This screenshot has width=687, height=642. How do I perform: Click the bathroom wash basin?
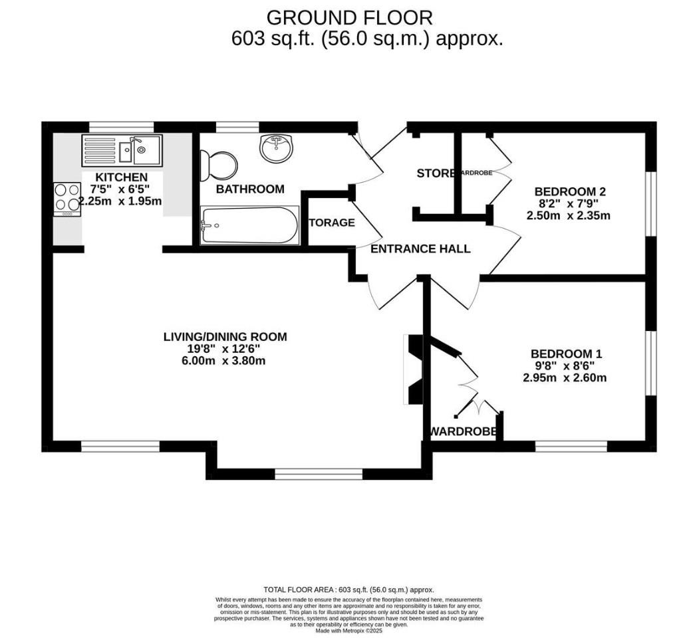(x=276, y=148)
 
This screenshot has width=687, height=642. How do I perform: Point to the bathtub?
(x=249, y=225)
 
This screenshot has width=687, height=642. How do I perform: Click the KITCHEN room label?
(x=121, y=177)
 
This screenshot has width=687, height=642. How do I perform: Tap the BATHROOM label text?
(x=250, y=189)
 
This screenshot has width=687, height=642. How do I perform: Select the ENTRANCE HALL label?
(x=420, y=249)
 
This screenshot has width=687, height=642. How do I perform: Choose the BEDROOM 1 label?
(x=566, y=354)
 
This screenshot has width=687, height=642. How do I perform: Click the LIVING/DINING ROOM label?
(x=225, y=337)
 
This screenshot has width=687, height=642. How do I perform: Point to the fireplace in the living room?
(x=413, y=370)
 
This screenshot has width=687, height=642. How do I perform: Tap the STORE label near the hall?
(x=436, y=173)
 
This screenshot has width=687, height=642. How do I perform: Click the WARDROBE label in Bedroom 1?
(x=464, y=432)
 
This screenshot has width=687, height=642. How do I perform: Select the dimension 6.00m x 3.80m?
(x=225, y=361)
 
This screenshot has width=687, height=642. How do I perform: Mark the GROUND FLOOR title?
(x=349, y=17)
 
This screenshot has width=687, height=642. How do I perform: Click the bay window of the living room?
(x=319, y=474)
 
